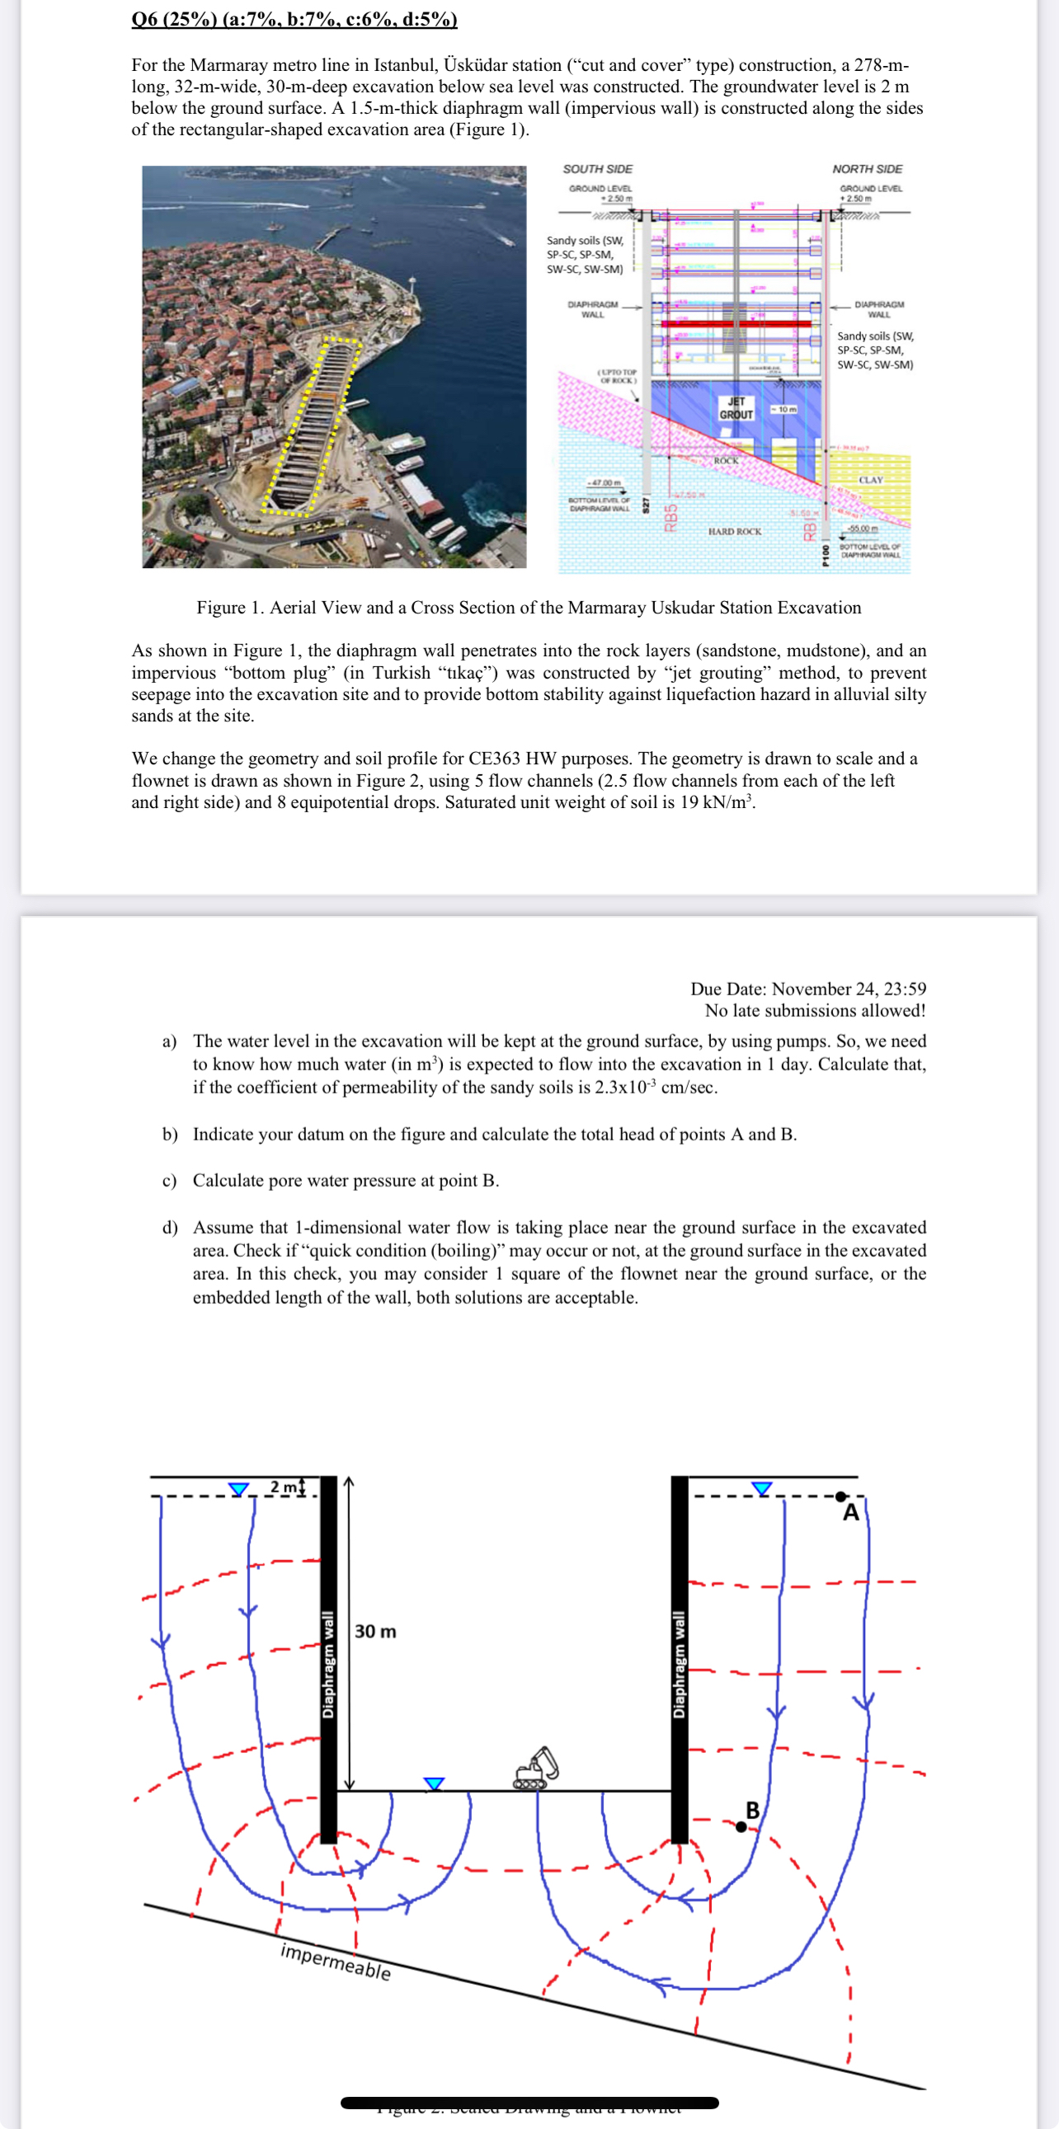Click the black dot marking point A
(840, 1496)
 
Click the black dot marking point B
(741, 1827)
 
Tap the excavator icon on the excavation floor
(536, 1769)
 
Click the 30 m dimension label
(375, 1632)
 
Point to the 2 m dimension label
(284, 1487)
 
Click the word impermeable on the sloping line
(336, 1962)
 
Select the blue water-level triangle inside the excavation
(434, 1784)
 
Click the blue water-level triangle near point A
(761, 1488)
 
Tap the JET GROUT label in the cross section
(736, 408)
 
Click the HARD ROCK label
(734, 531)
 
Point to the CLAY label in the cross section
(870, 480)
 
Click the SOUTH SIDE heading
(598, 168)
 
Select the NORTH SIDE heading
(867, 168)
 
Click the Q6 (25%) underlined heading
(294, 19)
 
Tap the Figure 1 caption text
(528, 608)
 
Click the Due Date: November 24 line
(807, 989)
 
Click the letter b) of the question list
(169, 1134)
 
